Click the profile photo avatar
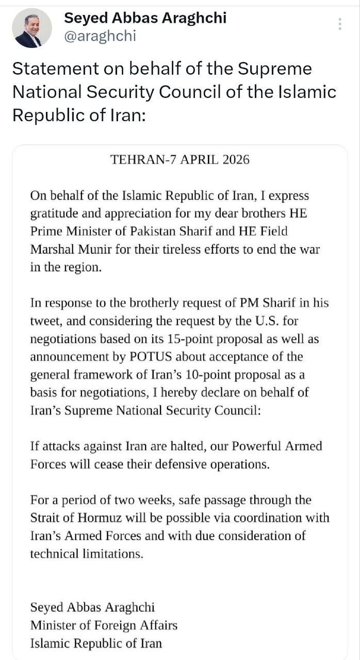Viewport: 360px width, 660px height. [32, 28]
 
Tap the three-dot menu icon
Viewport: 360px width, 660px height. [339, 24]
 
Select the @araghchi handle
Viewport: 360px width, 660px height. [100, 36]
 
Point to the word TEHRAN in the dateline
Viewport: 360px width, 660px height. [135, 159]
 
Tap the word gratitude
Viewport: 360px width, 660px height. [52, 213]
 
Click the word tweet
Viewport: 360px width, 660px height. [44, 321]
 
